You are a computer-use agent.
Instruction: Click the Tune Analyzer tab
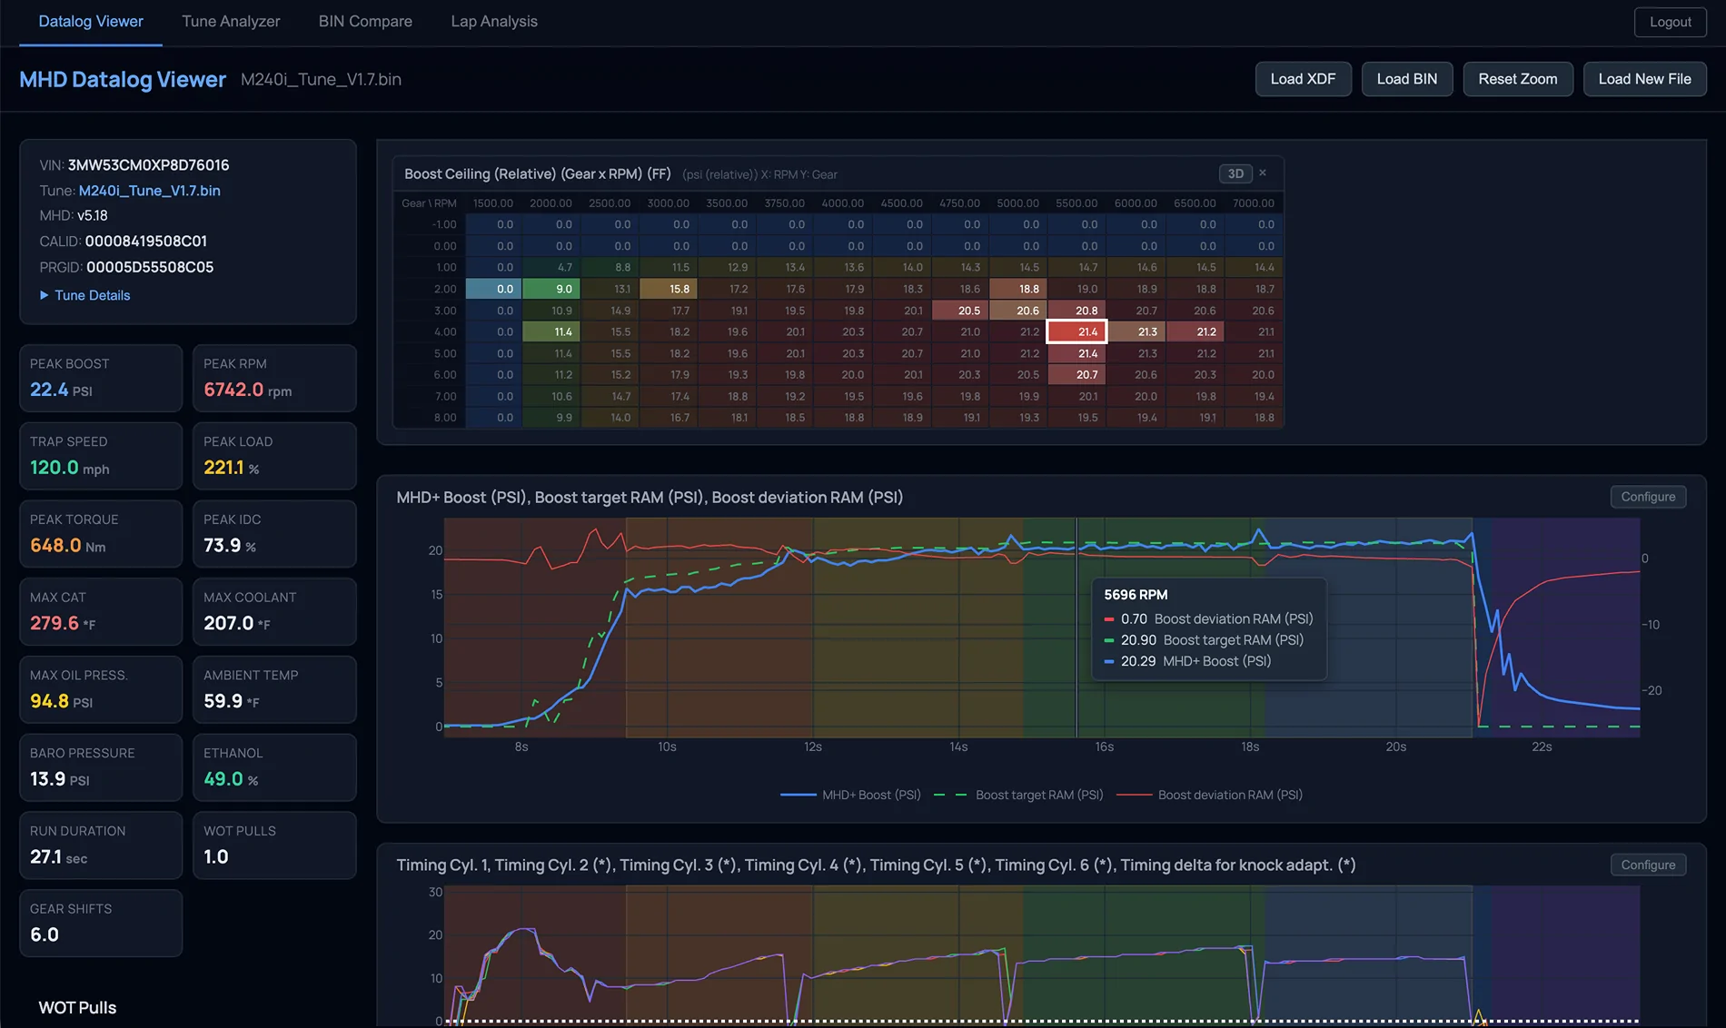(x=231, y=21)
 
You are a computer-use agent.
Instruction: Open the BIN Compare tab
(x=365, y=21)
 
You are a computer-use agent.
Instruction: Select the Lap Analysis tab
(x=494, y=21)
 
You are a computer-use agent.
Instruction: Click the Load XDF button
(x=1303, y=79)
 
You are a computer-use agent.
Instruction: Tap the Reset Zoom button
(x=1517, y=79)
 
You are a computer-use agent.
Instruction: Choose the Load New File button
(x=1644, y=79)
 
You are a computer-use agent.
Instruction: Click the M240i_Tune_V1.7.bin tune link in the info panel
(x=149, y=191)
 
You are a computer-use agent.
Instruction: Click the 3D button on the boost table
(x=1235, y=173)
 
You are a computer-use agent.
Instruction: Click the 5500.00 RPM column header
(x=1076, y=203)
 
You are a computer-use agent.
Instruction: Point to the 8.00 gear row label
(x=445, y=418)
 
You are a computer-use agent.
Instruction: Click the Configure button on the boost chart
(x=1648, y=497)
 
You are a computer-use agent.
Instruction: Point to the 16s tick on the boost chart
(x=1105, y=746)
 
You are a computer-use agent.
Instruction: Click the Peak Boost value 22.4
(x=49, y=390)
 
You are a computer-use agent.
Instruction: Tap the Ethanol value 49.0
(x=223, y=779)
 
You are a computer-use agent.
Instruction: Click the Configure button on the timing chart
(x=1648, y=865)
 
